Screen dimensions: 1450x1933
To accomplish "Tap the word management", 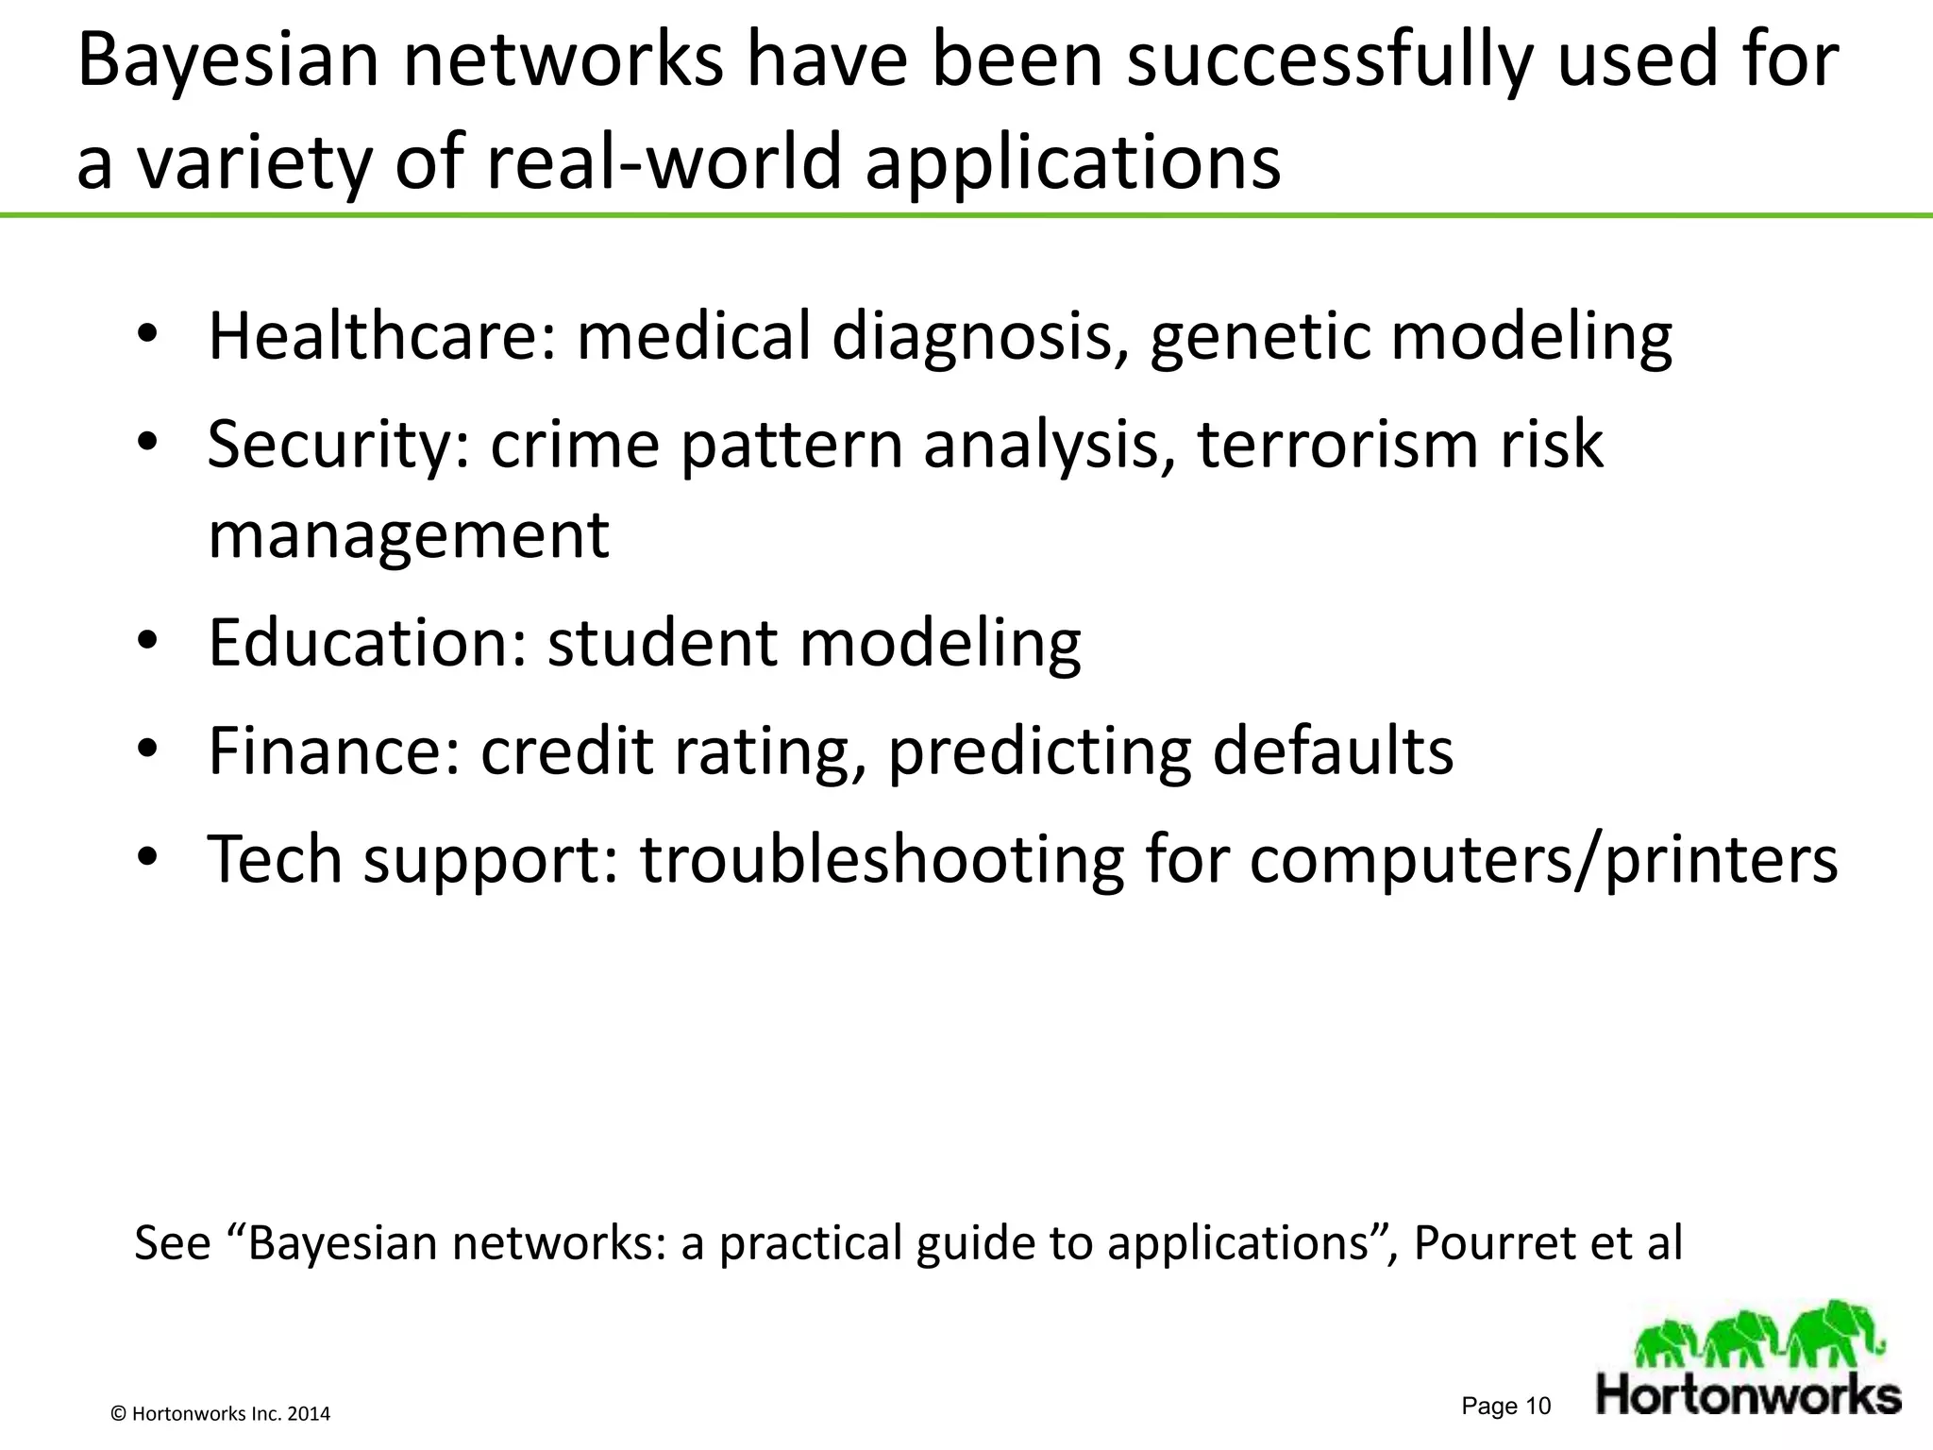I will pos(409,536).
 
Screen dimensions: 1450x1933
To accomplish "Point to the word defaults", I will pos(1333,751).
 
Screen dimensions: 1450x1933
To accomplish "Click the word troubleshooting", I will pos(882,860).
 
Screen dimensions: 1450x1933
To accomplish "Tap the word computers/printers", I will pos(1543,860).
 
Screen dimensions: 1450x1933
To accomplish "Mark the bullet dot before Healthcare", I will pos(149,337).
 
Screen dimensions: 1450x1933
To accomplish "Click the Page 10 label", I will pos(1505,1407).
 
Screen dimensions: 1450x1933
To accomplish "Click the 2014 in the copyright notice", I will pos(309,1414).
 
